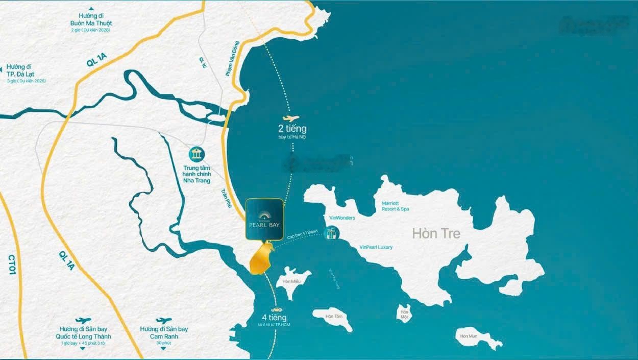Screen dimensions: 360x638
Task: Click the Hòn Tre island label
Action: tap(436, 234)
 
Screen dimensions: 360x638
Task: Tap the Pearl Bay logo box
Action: tap(264, 219)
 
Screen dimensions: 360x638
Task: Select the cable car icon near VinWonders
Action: tap(332, 234)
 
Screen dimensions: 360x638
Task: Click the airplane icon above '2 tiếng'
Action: tap(291, 118)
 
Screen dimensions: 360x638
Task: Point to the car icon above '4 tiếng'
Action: tap(277, 309)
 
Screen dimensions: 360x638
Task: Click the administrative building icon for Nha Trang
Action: tap(196, 154)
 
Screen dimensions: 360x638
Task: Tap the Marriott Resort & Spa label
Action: tap(396, 206)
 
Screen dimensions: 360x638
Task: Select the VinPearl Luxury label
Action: tap(376, 247)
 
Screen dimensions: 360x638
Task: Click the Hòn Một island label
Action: tap(405, 315)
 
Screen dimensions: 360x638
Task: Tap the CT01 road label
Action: tap(11, 265)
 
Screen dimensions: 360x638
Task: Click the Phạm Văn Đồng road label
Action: tap(232, 59)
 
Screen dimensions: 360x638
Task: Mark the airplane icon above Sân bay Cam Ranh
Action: tap(164, 321)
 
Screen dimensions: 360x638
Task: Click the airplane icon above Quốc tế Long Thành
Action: tap(83, 321)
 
